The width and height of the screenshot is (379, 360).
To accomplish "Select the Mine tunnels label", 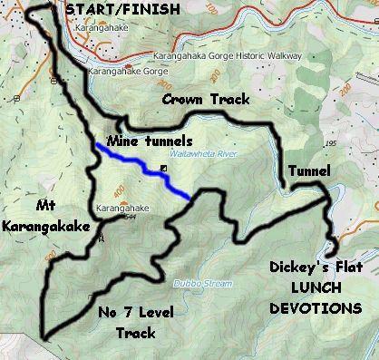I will click(x=150, y=142).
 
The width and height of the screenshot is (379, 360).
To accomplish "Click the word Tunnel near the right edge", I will click(x=308, y=170).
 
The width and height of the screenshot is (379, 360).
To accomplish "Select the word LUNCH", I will click(x=316, y=288).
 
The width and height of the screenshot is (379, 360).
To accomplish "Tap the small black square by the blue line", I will click(x=163, y=170).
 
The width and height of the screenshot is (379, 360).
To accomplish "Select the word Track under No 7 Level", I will click(x=136, y=333).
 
